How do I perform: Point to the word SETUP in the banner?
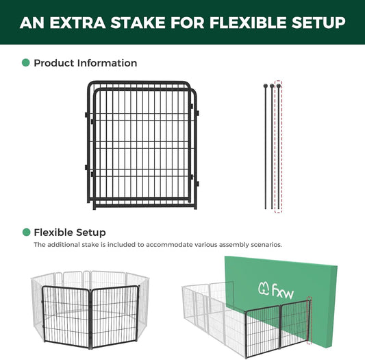coord(319,23)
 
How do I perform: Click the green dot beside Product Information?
coord(26,63)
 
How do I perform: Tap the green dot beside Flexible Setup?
coord(26,232)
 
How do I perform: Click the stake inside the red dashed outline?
coord(278,147)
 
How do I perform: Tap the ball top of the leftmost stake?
coord(264,86)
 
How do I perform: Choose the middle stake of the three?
coord(271,147)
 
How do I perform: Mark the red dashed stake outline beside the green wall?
coord(310,320)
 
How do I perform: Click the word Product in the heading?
coord(53,63)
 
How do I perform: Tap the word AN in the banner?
coord(32,23)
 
